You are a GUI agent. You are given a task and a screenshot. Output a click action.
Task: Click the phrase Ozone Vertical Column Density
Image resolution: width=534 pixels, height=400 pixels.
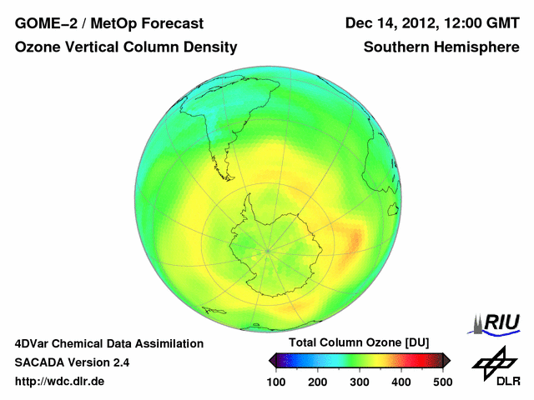tap(126, 47)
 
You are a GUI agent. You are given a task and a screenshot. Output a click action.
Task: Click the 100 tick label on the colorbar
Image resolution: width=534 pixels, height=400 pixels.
tap(276, 381)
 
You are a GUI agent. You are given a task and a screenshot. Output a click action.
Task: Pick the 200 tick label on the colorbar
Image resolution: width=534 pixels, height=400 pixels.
tap(318, 381)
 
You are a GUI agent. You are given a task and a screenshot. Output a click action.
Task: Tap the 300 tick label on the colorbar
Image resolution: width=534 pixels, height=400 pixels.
tap(360, 381)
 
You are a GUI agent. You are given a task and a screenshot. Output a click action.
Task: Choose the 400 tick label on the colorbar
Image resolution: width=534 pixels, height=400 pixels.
tap(401, 381)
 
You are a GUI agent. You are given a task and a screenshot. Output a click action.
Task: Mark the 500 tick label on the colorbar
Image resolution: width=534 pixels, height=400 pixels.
tap(442, 381)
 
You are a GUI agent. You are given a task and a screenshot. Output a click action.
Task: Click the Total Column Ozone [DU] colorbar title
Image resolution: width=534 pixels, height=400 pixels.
tap(359, 342)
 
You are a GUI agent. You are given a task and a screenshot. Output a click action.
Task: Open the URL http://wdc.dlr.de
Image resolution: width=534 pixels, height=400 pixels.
tap(60, 381)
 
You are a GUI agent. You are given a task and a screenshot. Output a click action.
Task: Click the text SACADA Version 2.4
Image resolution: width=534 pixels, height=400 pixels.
tap(72, 362)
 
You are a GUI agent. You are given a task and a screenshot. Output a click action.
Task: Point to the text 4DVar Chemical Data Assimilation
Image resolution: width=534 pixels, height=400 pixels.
tap(109, 343)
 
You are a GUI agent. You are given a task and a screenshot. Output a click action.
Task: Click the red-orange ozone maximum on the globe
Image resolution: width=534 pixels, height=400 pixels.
tap(354, 242)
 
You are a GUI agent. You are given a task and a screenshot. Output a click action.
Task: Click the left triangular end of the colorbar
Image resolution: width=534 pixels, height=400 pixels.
tap(272, 360)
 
